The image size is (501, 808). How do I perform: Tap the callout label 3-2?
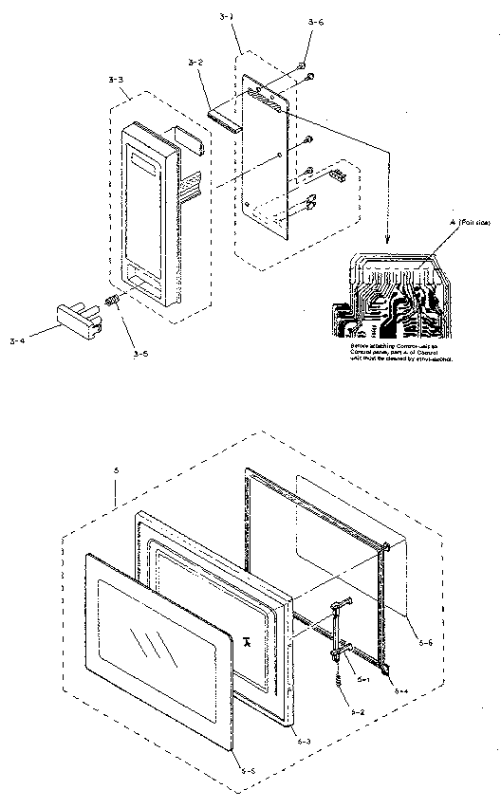click(x=196, y=63)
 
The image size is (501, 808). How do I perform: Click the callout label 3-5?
click(x=140, y=354)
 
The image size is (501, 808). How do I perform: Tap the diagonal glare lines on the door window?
click(x=151, y=645)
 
